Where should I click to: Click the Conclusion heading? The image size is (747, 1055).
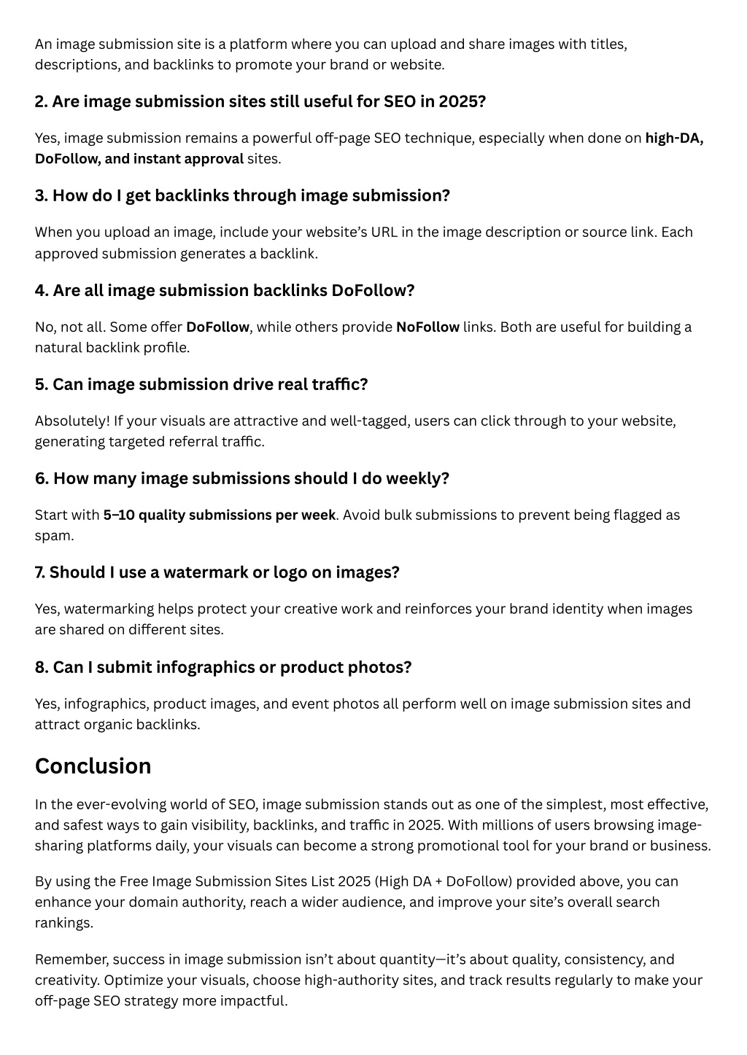pyautogui.click(x=93, y=766)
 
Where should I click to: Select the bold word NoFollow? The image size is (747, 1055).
pyautogui.click(x=427, y=327)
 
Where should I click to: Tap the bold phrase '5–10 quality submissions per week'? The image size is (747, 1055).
pyautogui.click(x=219, y=515)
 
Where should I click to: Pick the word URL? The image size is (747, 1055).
pyautogui.click(x=385, y=232)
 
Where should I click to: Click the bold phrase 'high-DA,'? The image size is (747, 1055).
pyautogui.click(x=674, y=138)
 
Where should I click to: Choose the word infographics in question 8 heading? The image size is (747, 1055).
pyautogui.click(x=198, y=667)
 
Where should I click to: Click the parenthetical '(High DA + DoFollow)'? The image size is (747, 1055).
pyautogui.click(x=443, y=881)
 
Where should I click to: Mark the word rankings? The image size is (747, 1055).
pyautogui.click(x=63, y=923)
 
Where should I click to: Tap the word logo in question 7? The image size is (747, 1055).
pyautogui.click(x=290, y=572)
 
